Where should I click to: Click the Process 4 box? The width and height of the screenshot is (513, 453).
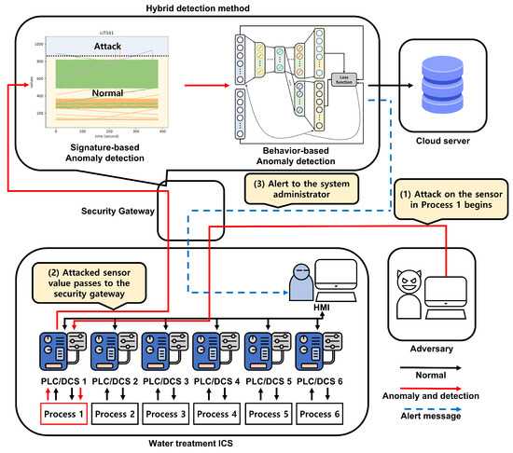(215, 413)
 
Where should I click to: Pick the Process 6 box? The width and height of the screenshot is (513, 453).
(318, 413)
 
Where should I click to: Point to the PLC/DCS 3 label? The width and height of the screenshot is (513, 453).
(164, 382)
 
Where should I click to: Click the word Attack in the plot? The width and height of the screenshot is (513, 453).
(107, 45)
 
